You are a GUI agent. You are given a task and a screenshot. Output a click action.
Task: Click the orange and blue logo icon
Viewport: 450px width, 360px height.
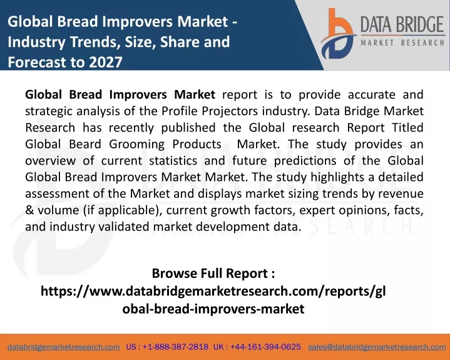pos(338,34)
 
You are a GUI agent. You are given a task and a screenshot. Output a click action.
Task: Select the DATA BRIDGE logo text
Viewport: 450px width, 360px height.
pos(402,24)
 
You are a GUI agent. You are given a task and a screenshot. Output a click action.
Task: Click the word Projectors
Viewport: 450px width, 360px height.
pos(230,111)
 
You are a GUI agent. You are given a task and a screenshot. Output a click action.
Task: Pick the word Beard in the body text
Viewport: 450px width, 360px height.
pos(85,144)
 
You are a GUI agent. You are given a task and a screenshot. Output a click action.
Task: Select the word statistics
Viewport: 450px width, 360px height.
pos(173,161)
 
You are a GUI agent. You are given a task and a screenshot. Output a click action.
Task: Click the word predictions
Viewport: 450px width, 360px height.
pos(305,161)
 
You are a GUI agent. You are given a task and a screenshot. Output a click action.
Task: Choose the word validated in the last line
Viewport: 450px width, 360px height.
pos(124,227)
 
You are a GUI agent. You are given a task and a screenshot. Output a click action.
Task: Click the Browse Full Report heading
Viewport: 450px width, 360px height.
pos(213,274)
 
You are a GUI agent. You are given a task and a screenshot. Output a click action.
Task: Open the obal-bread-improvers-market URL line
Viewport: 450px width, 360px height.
pos(213,309)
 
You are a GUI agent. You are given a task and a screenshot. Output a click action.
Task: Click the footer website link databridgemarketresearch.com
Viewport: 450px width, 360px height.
pos(64,347)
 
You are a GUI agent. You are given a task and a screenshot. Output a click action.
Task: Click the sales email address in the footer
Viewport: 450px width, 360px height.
pos(377,347)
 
